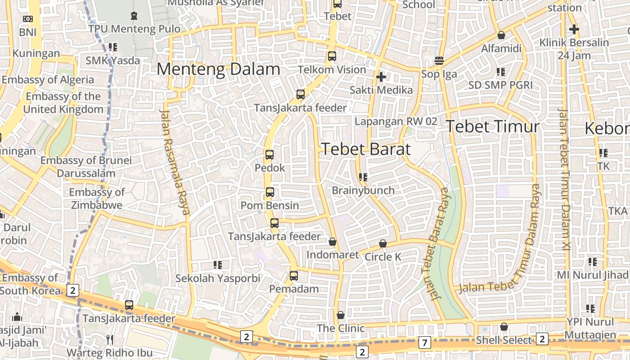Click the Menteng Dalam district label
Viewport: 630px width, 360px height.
pyautogui.click(x=218, y=69)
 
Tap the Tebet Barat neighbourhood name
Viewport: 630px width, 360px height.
pyautogui.click(x=366, y=149)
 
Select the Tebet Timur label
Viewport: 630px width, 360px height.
pyautogui.click(x=492, y=126)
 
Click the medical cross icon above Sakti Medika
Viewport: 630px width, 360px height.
pyautogui.click(x=381, y=77)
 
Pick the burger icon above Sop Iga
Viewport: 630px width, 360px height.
pyautogui.click(x=439, y=61)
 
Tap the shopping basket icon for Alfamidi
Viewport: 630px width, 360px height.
pyautogui.click(x=501, y=35)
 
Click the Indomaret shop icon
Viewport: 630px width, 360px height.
pyautogui.click(x=333, y=242)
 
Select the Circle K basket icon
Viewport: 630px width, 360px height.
pyautogui.click(x=383, y=243)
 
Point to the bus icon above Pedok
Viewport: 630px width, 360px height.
pyautogui.click(x=270, y=155)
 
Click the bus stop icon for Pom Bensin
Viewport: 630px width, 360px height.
pyautogui.click(x=270, y=192)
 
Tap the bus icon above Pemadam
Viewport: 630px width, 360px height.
pyautogui.click(x=294, y=275)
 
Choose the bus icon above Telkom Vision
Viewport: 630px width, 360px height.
pyautogui.click(x=332, y=56)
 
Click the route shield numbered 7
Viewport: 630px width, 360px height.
pyautogui.click(x=424, y=342)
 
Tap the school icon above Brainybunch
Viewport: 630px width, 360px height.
pyautogui.click(x=363, y=177)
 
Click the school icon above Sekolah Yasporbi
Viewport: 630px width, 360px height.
pyautogui.click(x=218, y=265)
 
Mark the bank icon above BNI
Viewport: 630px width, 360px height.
pyautogui.click(x=28, y=19)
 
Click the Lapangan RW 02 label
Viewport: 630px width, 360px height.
pyautogui.click(x=396, y=121)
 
